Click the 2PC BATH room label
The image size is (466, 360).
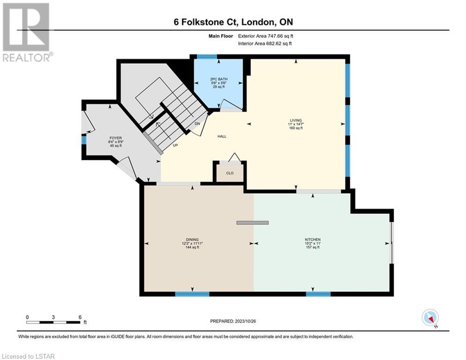[219, 79]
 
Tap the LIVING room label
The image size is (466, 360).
[296, 120]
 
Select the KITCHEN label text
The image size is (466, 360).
[313, 240]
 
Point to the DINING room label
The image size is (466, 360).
[192, 240]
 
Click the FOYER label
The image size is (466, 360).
[116, 138]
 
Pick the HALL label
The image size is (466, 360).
[222, 136]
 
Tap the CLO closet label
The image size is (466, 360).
[230, 173]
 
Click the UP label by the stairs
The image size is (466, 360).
[176, 145]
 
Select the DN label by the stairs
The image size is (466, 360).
[197, 123]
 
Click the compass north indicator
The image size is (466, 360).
[430, 318]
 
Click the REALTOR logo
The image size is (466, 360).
[27, 32]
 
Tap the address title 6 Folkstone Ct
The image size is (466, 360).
[206, 22]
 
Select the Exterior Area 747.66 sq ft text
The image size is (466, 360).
[266, 36]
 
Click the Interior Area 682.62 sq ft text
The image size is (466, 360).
[265, 44]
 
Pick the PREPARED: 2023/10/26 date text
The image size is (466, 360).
[233, 321]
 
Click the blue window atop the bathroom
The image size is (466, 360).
[207, 57]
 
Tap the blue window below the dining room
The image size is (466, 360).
[192, 294]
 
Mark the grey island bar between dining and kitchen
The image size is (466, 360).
[252, 223]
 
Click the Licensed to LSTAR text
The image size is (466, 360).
[29, 356]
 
